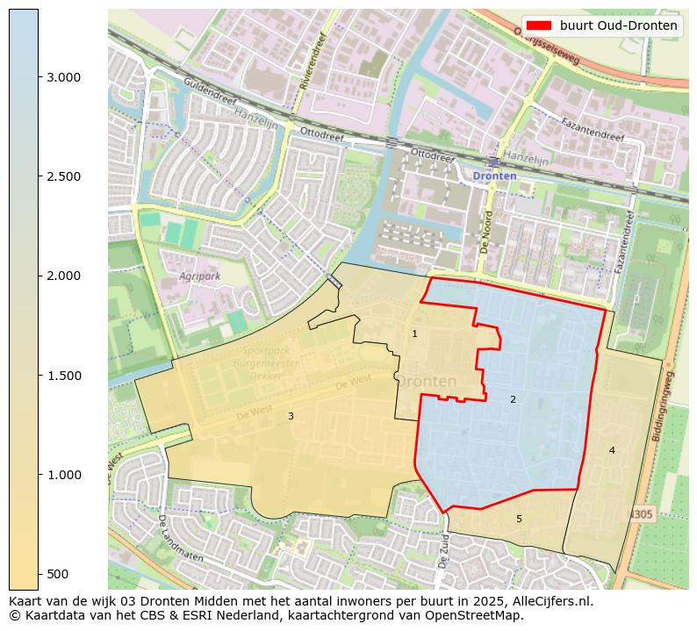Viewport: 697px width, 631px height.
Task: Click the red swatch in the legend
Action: click(539, 25)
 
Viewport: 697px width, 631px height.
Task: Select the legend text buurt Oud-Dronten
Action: click(618, 25)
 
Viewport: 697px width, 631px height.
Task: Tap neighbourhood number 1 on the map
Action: click(414, 333)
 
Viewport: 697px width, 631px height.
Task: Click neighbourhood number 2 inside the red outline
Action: click(513, 400)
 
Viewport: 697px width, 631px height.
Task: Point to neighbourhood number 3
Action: click(291, 416)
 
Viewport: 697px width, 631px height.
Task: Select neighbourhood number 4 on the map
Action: click(612, 450)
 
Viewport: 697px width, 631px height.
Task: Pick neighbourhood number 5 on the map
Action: click(519, 519)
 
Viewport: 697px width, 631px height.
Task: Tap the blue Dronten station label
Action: click(494, 176)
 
